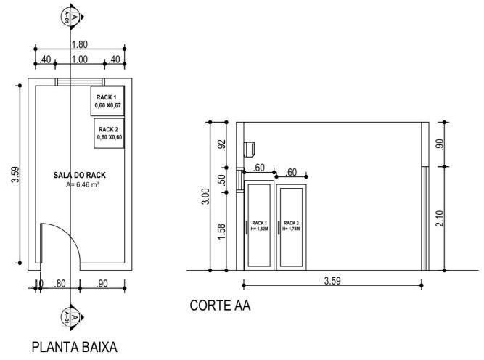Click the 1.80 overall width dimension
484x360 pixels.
pos(80,44)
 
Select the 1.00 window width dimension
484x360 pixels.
pos(79,60)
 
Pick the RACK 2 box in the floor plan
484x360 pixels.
pos(110,133)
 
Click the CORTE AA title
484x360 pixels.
pos(220,306)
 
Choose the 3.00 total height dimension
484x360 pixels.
pos(205,196)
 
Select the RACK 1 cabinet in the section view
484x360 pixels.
pos(260,225)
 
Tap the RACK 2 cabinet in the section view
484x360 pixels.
pos(291,225)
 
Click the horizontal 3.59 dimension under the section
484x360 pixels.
pos(332,279)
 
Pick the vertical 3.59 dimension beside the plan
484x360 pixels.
pos(15,174)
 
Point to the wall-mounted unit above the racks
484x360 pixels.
pos(251,147)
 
